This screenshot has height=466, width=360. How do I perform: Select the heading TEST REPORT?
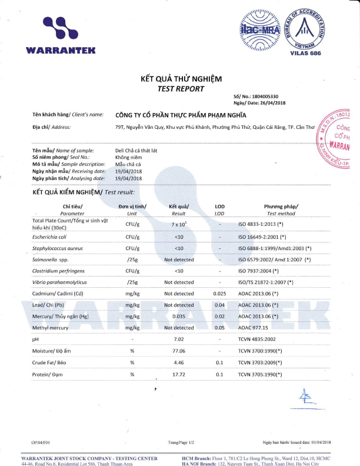coord(181,89)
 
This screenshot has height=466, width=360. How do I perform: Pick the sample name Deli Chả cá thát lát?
coord(136,151)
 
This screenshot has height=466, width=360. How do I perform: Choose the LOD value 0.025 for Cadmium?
coord(219,293)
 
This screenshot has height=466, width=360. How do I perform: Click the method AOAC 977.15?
coord(253,327)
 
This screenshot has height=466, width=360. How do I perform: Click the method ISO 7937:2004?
coord(259,271)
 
